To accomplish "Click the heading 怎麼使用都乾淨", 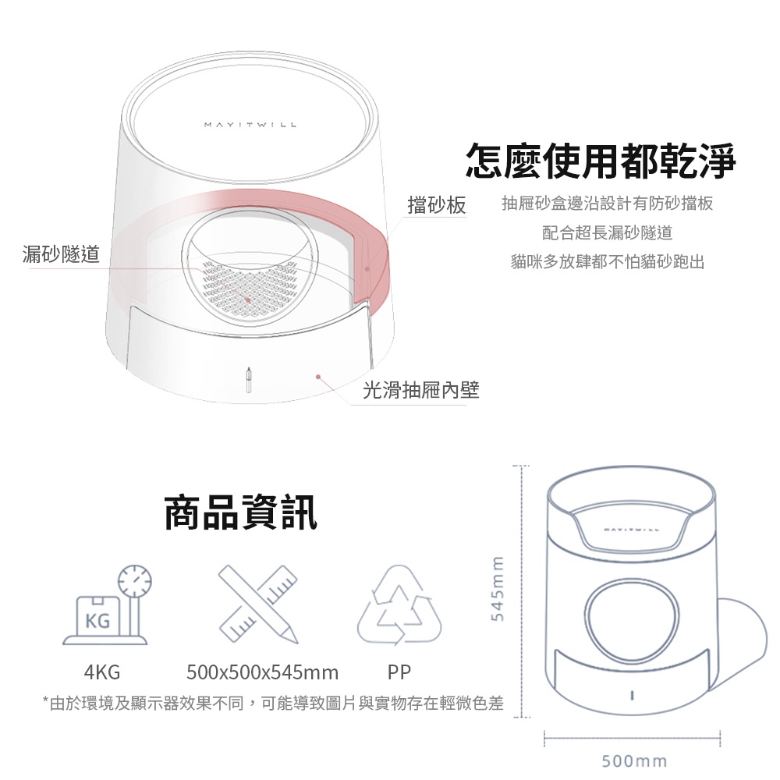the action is [601, 160].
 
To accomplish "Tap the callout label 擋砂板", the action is [437, 204].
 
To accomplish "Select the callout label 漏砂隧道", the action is [61, 253].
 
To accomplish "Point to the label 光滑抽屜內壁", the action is [421, 390].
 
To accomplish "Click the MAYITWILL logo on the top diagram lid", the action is [250, 124].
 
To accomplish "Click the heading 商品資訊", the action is [241, 512].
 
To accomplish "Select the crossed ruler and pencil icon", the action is [258, 604].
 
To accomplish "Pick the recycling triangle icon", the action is [399, 604].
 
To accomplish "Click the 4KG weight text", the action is [102, 672].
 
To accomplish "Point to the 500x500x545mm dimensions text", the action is [263, 672].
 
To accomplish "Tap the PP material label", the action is [399, 672].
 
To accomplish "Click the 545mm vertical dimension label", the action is [498, 588].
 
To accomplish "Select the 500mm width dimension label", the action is [634, 761].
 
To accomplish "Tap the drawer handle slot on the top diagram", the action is [249, 380].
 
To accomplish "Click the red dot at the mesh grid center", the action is [248, 300].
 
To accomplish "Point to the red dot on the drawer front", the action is [318, 377].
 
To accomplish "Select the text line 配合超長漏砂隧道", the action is [607, 232].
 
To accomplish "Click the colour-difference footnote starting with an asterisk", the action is [273, 703].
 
